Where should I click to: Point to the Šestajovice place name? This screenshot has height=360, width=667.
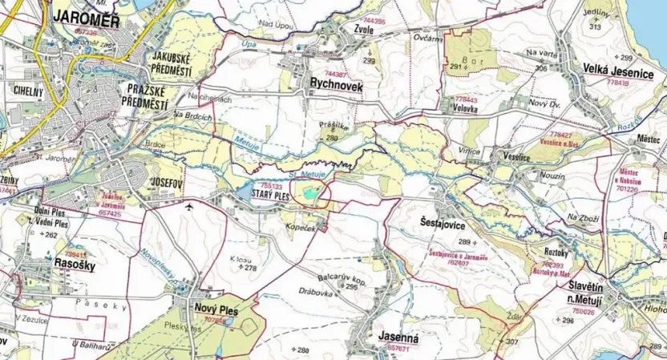443,226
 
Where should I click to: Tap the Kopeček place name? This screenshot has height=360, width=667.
305,227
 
